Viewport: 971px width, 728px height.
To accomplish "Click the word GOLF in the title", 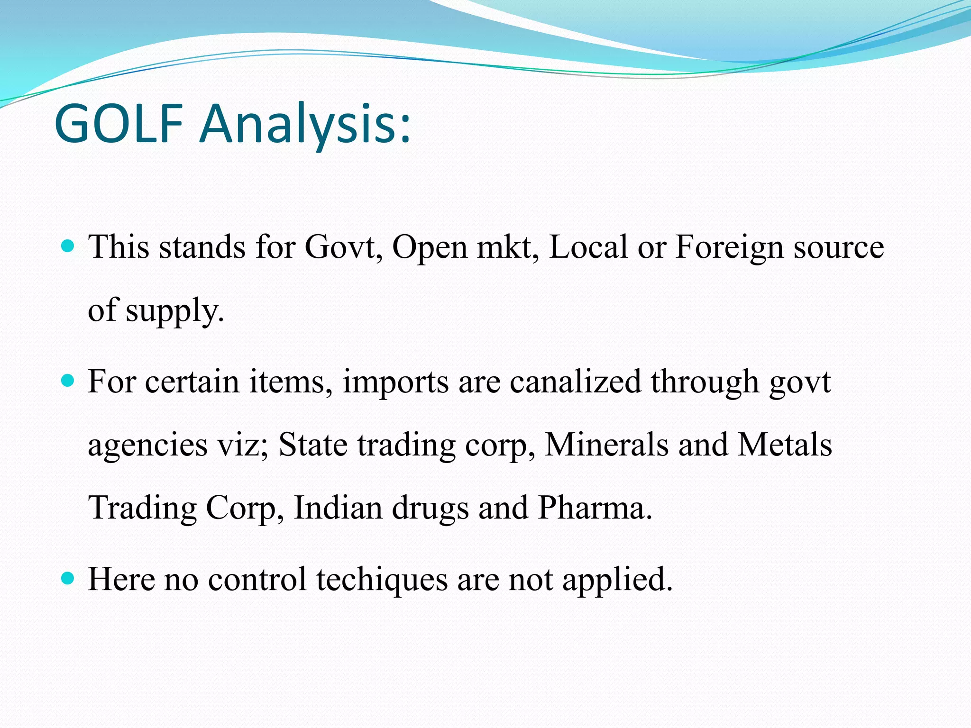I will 119,124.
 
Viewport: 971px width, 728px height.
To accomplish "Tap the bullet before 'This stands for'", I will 68,246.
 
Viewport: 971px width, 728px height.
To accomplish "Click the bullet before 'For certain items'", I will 68,380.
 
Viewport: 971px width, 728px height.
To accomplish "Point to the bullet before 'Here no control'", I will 68,578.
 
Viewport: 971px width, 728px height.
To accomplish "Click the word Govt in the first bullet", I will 343,247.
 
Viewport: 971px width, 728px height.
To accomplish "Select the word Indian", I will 338,508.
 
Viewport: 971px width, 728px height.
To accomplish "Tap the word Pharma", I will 595,508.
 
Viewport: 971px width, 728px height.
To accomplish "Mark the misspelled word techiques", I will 382,580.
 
